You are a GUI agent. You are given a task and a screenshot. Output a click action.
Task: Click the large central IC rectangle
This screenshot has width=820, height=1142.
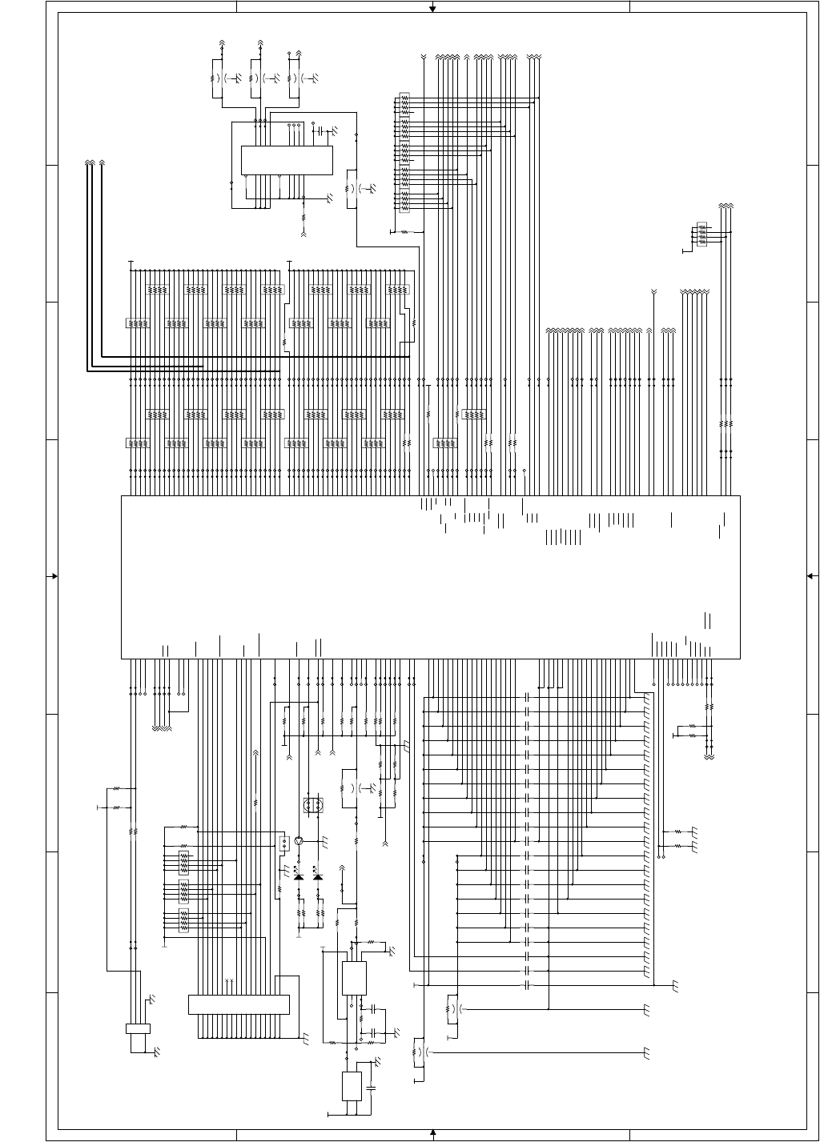(x=430, y=577)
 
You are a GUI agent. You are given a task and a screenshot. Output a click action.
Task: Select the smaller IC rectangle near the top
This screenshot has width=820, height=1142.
(x=287, y=160)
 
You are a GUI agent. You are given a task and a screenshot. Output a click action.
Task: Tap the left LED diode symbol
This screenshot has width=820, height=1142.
(x=299, y=877)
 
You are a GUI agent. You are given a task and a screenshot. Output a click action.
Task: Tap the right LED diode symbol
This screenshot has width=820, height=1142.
(x=318, y=877)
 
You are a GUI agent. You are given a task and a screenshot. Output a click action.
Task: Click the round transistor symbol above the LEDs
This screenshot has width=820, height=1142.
(x=299, y=841)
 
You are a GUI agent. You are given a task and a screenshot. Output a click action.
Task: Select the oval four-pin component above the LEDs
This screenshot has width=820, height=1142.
(x=313, y=805)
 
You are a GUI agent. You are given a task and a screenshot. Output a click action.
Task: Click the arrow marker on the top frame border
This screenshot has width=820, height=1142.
(x=432, y=9)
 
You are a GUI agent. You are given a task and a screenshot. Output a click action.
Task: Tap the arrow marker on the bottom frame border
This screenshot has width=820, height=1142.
(x=432, y=1132)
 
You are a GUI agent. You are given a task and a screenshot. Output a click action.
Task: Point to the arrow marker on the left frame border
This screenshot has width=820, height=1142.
(x=54, y=576)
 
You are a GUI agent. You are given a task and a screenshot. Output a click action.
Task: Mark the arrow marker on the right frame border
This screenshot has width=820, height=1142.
(x=810, y=575)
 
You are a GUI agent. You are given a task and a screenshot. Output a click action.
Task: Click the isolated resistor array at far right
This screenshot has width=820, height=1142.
(x=702, y=234)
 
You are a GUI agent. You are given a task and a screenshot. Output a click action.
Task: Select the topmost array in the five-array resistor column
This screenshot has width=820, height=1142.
(x=404, y=102)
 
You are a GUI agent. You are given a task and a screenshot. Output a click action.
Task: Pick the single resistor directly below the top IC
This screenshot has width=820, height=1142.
(x=303, y=217)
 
